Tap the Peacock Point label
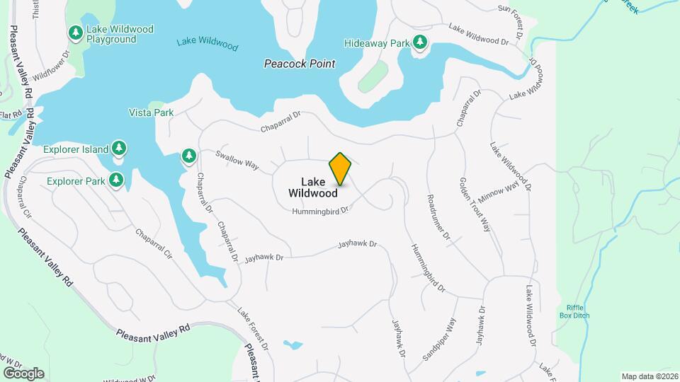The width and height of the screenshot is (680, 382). [x=300, y=64]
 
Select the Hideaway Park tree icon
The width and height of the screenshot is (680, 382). [x=421, y=42]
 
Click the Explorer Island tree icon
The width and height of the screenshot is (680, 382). [x=120, y=149]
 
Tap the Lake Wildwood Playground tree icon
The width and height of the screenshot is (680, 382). [x=76, y=33]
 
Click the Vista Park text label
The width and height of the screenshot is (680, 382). [x=151, y=112]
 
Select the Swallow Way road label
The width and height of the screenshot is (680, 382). [x=237, y=160]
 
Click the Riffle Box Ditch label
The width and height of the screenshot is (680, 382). [x=578, y=311]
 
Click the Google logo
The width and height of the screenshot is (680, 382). [x=23, y=373]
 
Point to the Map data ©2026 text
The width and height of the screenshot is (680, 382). [x=649, y=376]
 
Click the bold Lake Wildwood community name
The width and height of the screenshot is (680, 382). [x=312, y=187]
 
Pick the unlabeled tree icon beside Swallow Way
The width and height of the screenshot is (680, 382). [x=188, y=156]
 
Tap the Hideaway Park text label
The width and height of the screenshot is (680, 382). [x=377, y=43]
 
